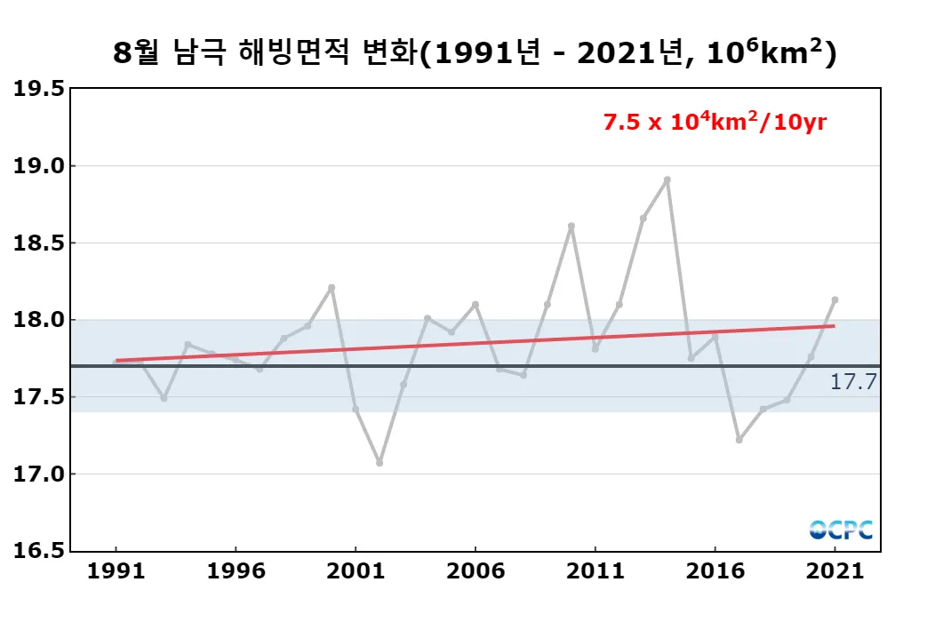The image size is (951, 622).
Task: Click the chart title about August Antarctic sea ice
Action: pyautogui.click(x=475, y=53)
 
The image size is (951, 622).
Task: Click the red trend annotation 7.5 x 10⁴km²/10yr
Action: pyautogui.click(x=715, y=123)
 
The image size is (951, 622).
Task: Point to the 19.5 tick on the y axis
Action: pyautogui.click(x=39, y=89)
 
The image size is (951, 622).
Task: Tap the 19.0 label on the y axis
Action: pyautogui.click(x=39, y=166)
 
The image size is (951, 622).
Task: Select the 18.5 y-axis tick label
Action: pyautogui.click(x=39, y=243)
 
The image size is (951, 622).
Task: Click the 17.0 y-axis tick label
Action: pyautogui.click(x=39, y=474)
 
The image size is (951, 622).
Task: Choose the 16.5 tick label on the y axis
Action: pyautogui.click(x=39, y=551)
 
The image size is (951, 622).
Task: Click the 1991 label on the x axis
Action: pyautogui.click(x=116, y=571)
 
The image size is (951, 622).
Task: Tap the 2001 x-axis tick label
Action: pyautogui.click(x=356, y=571)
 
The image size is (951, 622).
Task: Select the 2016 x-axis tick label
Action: pyautogui.click(x=715, y=571)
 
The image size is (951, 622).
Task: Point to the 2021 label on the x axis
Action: pyautogui.click(x=835, y=571)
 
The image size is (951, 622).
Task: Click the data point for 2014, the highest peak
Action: pyautogui.click(x=667, y=179)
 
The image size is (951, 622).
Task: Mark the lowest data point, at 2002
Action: pyautogui.click(x=380, y=463)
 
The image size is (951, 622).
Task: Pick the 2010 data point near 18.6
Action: pyautogui.click(x=571, y=226)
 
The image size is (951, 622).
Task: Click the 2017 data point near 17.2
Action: pyautogui.click(x=739, y=440)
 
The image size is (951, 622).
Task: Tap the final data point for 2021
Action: pyautogui.click(x=835, y=299)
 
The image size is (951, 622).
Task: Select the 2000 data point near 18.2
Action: pyautogui.click(x=332, y=287)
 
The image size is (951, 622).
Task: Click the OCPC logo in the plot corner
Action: pyautogui.click(x=841, y=530)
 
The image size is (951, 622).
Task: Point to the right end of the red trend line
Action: pyautogui.click(x=834, y=326)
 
